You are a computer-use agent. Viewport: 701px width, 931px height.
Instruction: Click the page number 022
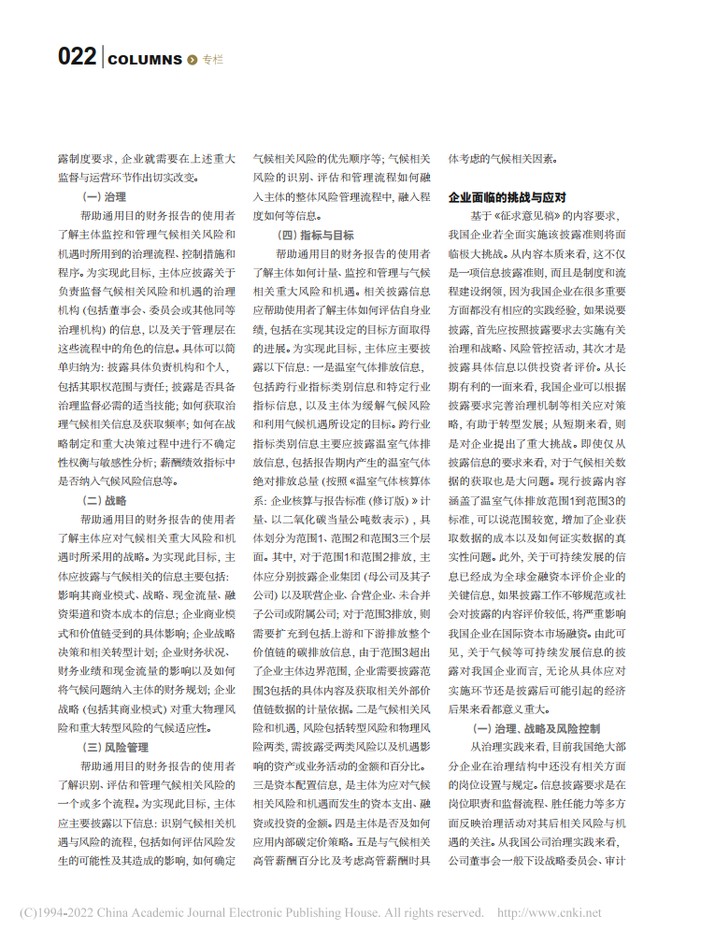(76, 57)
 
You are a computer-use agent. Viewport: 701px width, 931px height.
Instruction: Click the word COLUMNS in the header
(145, 60)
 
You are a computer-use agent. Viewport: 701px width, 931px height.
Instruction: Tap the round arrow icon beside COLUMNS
(193, 60)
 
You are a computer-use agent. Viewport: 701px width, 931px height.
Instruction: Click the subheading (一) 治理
(105, 196)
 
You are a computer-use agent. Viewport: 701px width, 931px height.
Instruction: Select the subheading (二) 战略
(105, 500)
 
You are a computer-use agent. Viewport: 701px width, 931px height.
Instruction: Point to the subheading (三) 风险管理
(116, 747)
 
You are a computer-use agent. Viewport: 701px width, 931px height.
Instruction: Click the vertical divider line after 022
(102, 57)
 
